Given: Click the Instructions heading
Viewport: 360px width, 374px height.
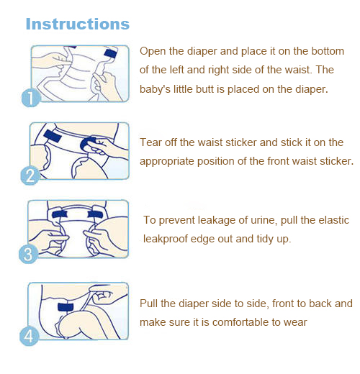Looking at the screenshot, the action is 78,24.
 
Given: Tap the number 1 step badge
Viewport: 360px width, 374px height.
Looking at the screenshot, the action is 31,98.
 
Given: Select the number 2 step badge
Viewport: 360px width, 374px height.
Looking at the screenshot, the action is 30,175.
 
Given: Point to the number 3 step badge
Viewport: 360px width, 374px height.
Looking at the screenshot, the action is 28,254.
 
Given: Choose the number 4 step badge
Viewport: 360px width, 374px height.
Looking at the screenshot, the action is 29,336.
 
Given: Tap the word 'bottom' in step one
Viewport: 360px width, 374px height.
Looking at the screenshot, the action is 328,51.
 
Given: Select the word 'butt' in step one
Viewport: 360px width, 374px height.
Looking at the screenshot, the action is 205,89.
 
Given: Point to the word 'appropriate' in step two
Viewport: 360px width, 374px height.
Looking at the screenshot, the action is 167,162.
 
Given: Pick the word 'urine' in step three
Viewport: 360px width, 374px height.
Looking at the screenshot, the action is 263,220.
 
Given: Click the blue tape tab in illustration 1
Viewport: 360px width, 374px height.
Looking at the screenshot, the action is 110,54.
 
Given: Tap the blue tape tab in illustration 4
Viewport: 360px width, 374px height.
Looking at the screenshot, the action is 66,307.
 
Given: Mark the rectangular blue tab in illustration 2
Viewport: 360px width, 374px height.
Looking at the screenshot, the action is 53,136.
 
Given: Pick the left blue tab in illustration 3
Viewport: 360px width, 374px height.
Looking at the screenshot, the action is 60,214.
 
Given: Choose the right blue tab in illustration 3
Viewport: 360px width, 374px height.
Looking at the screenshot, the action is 95,214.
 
